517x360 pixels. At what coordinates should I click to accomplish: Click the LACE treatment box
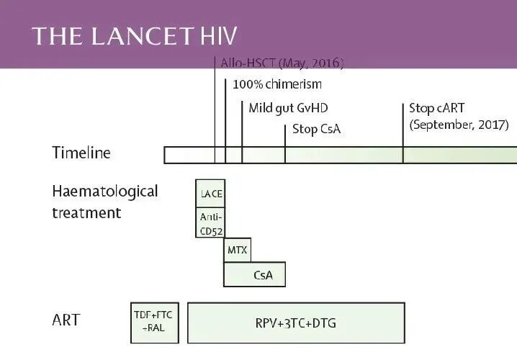point(210,194)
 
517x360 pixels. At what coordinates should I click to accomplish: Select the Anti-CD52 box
point(210,222)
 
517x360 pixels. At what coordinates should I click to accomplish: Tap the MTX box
point(238,250)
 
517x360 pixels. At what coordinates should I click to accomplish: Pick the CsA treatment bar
point(254,274)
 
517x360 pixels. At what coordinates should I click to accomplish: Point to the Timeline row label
point(81,153)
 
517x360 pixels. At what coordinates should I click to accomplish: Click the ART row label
point(66,320)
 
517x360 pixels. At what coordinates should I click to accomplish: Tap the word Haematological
point(104,192)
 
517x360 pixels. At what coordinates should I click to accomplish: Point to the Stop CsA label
point(316,130)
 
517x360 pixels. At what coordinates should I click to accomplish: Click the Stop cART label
point(437,108)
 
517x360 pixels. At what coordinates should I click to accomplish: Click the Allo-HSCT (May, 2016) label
point(281,63)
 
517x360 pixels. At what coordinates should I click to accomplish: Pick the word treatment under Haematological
point(86,213)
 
